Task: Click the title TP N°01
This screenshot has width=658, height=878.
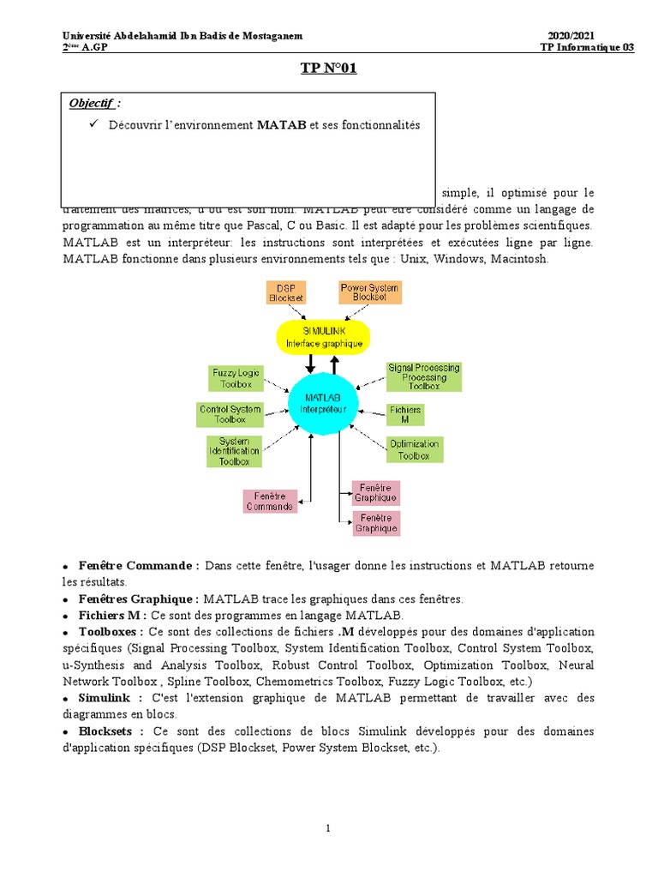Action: [328, 69]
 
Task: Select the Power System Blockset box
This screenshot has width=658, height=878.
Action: [368, 292]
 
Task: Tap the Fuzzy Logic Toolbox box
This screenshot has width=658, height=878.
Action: [236, 378]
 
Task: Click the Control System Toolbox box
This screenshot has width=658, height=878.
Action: [230, 414]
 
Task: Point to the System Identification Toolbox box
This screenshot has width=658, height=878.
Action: [233, 451]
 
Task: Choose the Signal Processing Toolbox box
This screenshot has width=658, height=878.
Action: [423, 376]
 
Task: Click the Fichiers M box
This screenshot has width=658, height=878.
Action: [404, 414]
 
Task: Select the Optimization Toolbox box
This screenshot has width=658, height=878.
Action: [414, 449]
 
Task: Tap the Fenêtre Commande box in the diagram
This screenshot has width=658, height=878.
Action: [270, 501]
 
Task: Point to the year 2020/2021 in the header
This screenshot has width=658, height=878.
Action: [571, 35]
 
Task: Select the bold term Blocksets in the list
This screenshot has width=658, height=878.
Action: [105, 731]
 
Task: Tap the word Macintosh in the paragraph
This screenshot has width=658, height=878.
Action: [518, 259]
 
